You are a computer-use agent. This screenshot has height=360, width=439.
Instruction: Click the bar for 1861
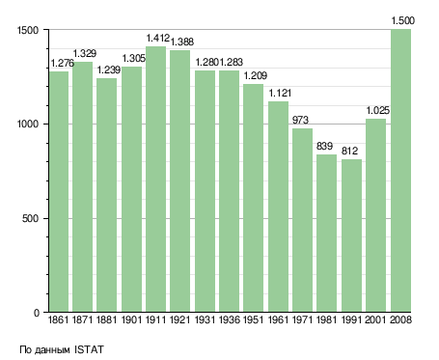pos(59,192)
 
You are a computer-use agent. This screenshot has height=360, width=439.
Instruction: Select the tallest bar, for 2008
pos(400,171)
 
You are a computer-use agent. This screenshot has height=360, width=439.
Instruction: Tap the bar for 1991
pos(351,235)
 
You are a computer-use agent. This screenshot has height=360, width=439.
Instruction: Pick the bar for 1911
pos(156,180)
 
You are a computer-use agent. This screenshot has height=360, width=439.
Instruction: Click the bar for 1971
pos(302,220)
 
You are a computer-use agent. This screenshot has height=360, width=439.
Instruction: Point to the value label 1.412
pos(158,38)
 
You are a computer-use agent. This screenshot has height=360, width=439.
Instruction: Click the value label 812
pos(349,151)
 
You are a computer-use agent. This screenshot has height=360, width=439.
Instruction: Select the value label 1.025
pos(378,110)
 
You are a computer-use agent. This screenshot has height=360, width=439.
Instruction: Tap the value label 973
pos(300,120)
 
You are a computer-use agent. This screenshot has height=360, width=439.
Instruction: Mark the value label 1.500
pos(403,21)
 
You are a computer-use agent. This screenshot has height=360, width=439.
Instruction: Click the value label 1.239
pos(109,69)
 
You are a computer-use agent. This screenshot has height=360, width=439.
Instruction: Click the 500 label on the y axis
pos(30,218)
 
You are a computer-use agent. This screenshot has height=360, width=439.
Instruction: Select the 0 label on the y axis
pos(37,313)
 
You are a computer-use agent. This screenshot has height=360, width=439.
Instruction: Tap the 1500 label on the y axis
pos(28,30)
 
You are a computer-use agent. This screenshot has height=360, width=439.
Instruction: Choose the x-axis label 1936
pos(230,319)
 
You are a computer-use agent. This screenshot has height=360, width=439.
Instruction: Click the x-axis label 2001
pos(375,319)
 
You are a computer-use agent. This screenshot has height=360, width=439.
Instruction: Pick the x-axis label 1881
pos(107,319)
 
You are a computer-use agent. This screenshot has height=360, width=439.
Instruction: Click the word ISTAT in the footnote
pos(89,349)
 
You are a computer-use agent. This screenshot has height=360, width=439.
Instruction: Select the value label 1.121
pos(280,93)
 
